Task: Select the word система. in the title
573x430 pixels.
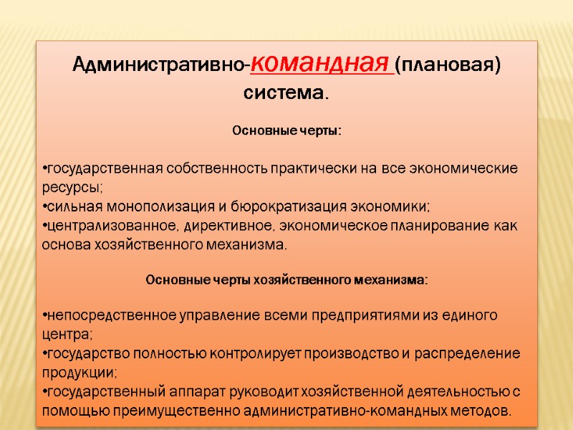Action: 286,93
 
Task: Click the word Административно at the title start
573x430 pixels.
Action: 160,66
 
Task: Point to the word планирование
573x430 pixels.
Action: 443,226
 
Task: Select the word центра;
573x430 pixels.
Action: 68,335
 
